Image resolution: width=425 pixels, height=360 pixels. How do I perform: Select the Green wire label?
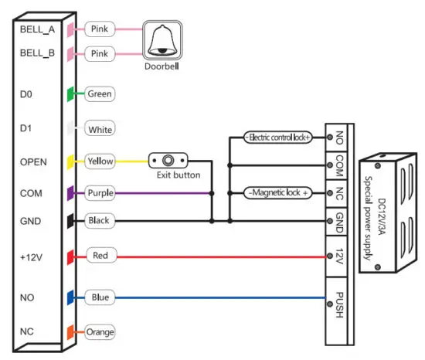[100, 94]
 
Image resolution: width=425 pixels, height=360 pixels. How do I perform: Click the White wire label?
[100, 129]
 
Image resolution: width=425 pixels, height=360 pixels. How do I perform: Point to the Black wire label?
[100, 221]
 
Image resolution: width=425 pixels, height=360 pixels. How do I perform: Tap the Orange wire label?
[102, 331]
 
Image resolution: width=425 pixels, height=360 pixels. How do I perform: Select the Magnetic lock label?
[277, 192]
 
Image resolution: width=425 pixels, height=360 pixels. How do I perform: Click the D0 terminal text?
[25, 94]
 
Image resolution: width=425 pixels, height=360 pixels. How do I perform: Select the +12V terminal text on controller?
[30, 255]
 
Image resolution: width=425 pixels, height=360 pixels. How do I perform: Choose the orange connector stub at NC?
[70, 331]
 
